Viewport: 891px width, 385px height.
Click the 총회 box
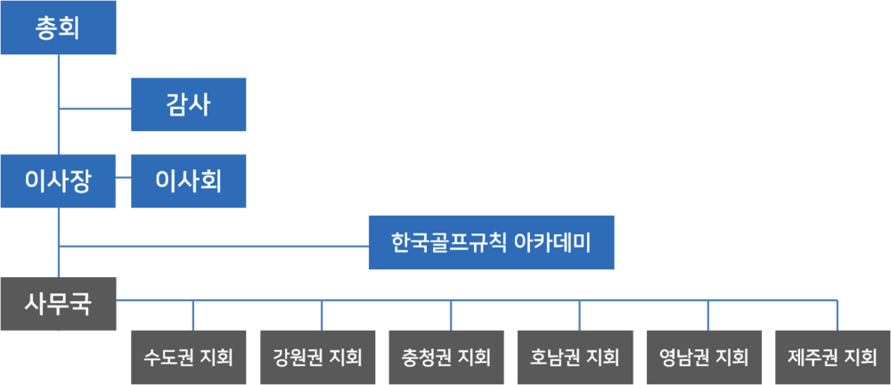(58, 29)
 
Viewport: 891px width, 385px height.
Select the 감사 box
(188, 105)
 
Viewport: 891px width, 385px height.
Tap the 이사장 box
(58, 182)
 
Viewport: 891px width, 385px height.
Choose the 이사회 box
(188, 182)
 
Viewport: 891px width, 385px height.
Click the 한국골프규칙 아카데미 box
(491, 242)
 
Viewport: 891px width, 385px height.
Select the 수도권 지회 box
(188, 357)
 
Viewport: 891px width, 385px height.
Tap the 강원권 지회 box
(317, 357)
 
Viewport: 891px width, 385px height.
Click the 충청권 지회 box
(446, 357)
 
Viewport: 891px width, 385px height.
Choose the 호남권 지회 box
(575, 357)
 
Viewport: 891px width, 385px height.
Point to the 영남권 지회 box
(704, 357)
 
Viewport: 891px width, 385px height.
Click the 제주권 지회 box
(832, 357)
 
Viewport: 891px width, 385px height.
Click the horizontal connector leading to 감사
(94, 110)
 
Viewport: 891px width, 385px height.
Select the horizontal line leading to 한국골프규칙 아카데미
(214, 246)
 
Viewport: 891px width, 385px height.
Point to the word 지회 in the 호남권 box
(601, 357)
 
